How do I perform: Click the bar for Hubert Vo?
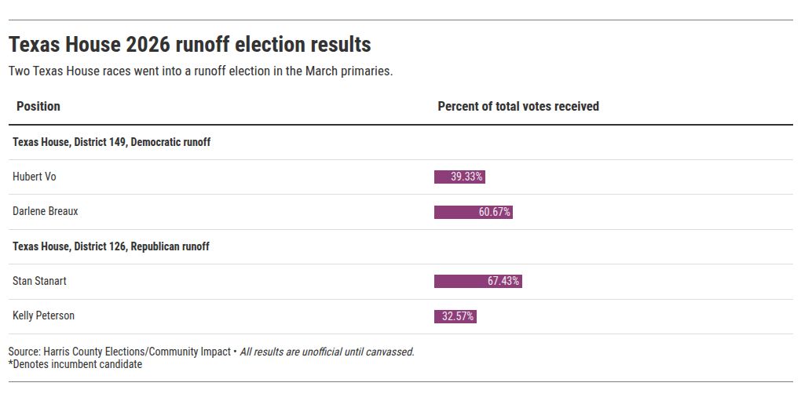[x=459, y=177]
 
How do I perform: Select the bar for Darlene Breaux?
[x=473, y=212]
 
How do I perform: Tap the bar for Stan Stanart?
[x=478, y=281]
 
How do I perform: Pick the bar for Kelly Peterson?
[x=455, y=316]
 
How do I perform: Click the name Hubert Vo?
[x=35, y=177]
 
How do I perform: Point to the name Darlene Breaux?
[x=46, y=211]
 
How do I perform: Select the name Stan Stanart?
[x=39, y=281]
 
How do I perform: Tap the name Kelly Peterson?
[x=43, y=315]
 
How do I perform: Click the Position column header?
[x=38, y=106]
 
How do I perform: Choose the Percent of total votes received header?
[x=518, y=106]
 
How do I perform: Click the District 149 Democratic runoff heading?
[x=112, y=142]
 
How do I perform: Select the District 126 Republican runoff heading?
[x=111, y=246]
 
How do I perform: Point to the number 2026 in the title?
[x=148, y=45]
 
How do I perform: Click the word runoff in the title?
[x=201, y=45]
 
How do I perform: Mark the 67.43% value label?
[x=503, y=281]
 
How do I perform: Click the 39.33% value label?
[x=466, y=177]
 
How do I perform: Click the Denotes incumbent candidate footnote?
[x=75, y=364]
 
